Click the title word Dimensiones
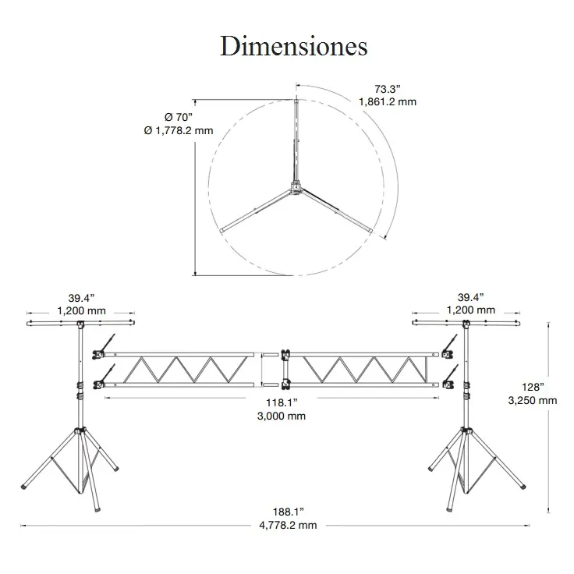pos(293,47)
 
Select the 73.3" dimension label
pos(382,88)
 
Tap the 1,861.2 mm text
pos(388,101)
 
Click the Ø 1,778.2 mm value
pos(179,130)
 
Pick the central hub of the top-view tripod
pos(296,187)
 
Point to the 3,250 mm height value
pos(532,400)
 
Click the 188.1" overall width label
pos(289,512)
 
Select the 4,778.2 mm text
pos(289,526)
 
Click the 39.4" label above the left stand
pos(81,297)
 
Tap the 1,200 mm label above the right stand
pos(470,310)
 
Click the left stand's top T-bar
pos(80,321)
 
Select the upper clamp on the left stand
pos(99,355)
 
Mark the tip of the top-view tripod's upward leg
pos(296,99)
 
